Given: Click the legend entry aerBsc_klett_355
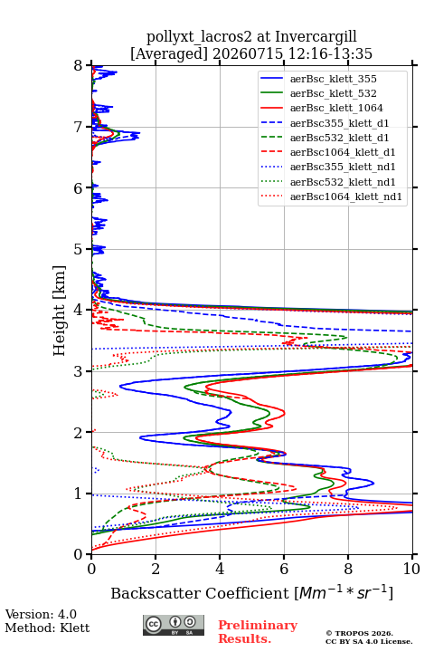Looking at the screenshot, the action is coord(333,79).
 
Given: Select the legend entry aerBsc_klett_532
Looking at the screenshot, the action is coord(333,93).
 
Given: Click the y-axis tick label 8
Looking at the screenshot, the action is coord(79,66).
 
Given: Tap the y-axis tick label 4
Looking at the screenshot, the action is coord(79,311).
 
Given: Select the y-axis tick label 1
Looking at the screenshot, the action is coord(79,494).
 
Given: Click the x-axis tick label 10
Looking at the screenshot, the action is coord(412,569).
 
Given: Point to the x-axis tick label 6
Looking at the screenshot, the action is coord(284,569).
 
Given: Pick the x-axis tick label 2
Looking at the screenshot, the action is coord(156,569).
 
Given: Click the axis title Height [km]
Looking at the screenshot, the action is coord(60,311).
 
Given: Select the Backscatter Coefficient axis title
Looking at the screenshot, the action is coord(251,592).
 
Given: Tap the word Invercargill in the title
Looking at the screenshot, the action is coord(316,37).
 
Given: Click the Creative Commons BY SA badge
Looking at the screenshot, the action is coord(174,625).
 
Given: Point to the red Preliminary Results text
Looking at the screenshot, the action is coord(258,632).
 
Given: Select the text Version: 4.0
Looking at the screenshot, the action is coord(41,614).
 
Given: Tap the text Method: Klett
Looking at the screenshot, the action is coord(47,628).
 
